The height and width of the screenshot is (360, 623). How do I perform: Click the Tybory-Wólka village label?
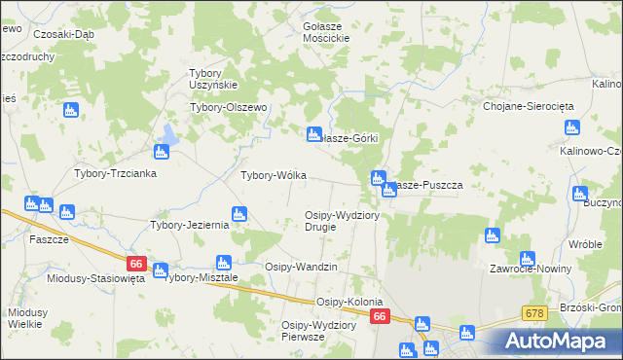point(274,175)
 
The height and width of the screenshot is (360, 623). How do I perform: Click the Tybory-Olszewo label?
point(228,107)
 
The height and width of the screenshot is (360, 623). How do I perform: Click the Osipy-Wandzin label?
point(301,266)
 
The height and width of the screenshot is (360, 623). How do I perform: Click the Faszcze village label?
point(49,239)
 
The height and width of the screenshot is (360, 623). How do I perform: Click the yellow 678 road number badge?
point(533,312)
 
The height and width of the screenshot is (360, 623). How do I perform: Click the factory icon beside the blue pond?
point(162,152)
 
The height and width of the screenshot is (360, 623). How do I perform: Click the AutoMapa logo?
point(559,341)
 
